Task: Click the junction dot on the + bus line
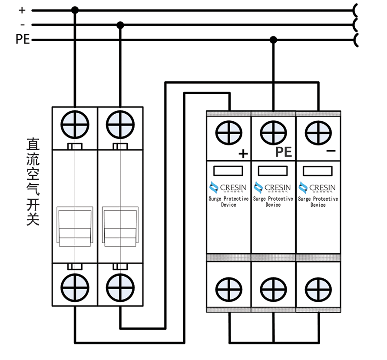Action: (75, 10)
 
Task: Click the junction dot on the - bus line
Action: (120, 25)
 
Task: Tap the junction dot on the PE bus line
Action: (273, 40)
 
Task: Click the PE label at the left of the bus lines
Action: (23, 40)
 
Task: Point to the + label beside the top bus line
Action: (22, 10)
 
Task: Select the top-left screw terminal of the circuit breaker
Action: (75, 124)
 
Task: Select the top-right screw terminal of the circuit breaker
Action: (120, 124)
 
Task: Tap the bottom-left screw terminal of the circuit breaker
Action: (75, 287)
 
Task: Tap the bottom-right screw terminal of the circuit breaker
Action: (120, 287)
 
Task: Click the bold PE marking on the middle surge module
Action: (283, 152)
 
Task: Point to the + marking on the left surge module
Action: (243, 153)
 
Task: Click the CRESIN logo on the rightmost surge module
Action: (318, 188)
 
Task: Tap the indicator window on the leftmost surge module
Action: (228, 171)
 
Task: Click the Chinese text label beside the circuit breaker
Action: (33, 182)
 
